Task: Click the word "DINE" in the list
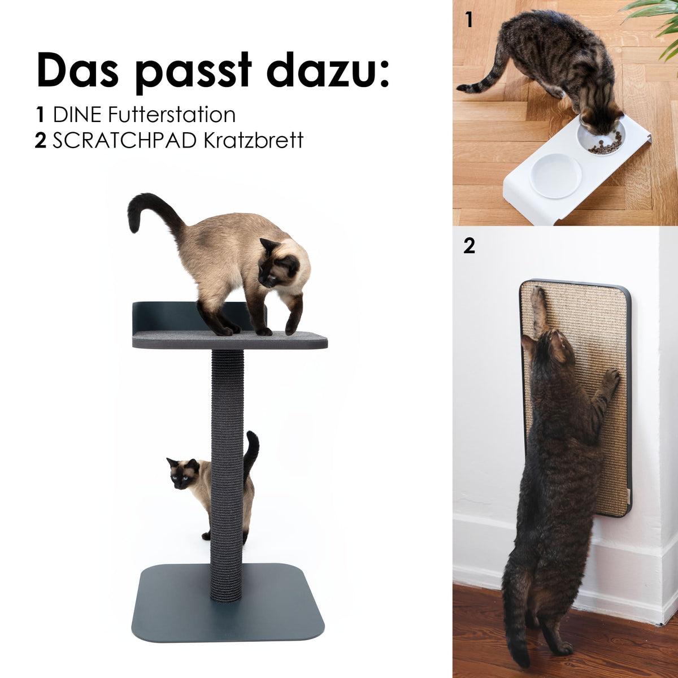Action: click(77, 115)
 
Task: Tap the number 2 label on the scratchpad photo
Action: click(469, 246)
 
